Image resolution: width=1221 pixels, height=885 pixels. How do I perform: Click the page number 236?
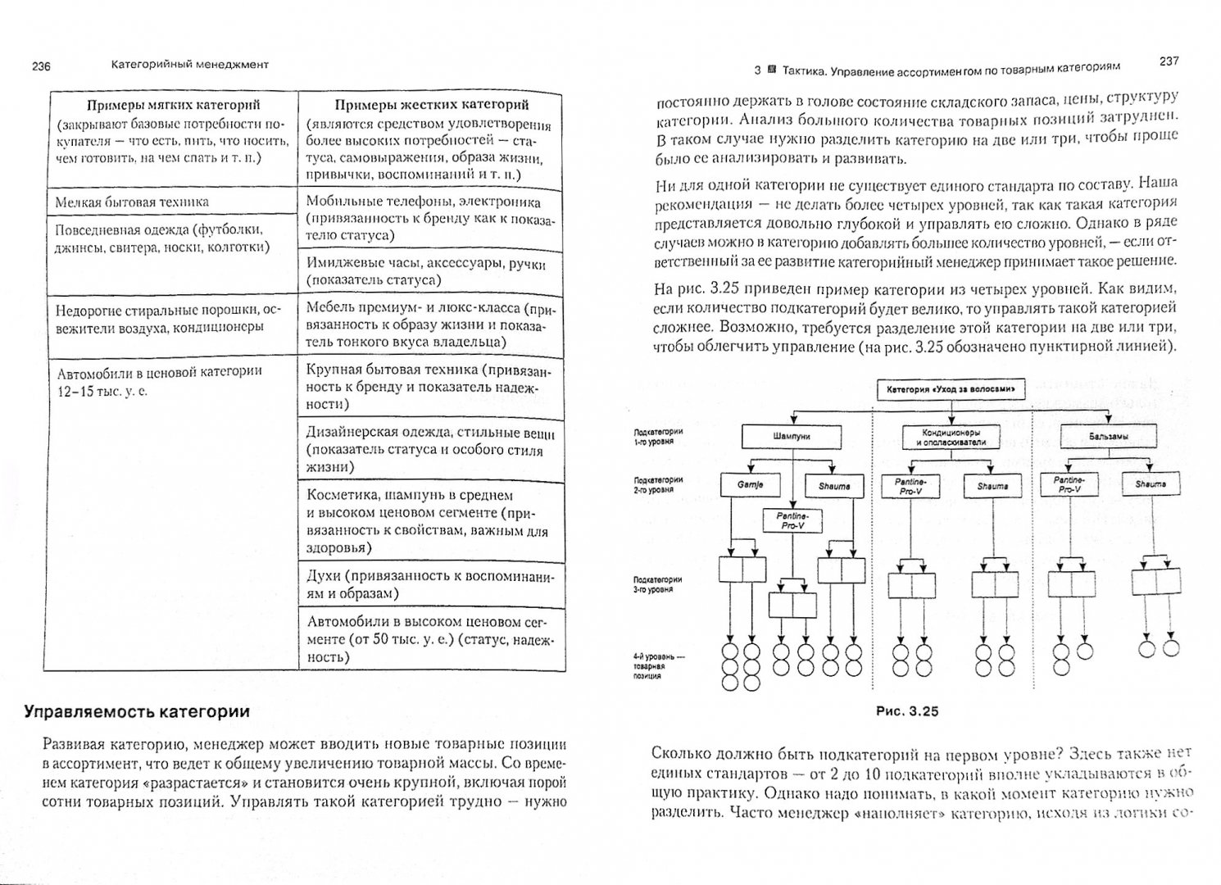click(39, 66)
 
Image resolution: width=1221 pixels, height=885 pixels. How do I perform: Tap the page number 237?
click(1169, 61)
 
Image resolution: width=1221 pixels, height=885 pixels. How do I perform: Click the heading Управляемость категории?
click(136, 711)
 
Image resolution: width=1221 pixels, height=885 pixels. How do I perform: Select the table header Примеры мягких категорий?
click(173, 105)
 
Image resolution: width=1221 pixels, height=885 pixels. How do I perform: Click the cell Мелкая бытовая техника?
click(132, 202)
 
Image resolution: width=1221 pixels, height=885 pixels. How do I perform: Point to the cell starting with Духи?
click(429, 583)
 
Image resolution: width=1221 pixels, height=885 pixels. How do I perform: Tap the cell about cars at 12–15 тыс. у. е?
click(160, 380)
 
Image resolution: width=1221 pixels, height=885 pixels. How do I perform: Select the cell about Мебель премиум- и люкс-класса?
click(429, 324)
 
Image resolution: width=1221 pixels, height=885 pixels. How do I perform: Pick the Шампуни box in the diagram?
click(791, 437)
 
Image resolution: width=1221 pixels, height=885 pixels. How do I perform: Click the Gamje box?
click(749, 485)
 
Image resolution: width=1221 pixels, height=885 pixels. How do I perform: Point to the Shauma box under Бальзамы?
click(1151, 484)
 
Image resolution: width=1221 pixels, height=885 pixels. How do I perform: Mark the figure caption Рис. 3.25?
click(907, 711)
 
